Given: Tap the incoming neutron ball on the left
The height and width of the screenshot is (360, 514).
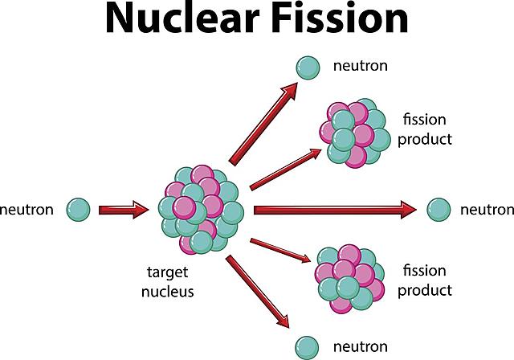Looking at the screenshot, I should tap(78, 211).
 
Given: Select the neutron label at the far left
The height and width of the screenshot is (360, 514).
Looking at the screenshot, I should tap(27, 211).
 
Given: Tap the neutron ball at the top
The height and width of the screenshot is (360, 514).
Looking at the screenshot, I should tap(306, 67).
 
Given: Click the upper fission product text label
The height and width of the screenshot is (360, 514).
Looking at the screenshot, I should tap(428, 129).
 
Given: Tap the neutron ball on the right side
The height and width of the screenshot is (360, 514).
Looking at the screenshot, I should tap(439, 210).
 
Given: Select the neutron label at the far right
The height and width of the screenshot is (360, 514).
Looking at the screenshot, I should tap(486, 211).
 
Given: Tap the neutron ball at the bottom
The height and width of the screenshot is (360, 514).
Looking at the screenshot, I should tap(306, 346).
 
